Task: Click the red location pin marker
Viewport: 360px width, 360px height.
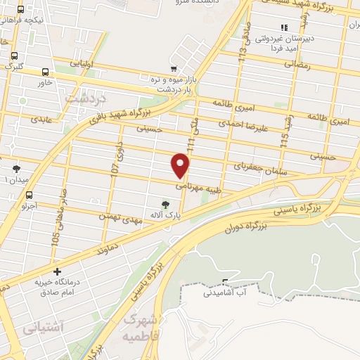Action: click(x=181, y=166)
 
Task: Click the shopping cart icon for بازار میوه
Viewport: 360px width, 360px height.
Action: click(x=173, y=68)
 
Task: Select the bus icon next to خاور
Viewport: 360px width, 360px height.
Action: click(x=46, y=72)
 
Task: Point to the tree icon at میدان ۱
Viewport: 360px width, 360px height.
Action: click(x=16, y=169)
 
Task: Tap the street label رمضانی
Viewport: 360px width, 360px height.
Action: click(x=296, y=63)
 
